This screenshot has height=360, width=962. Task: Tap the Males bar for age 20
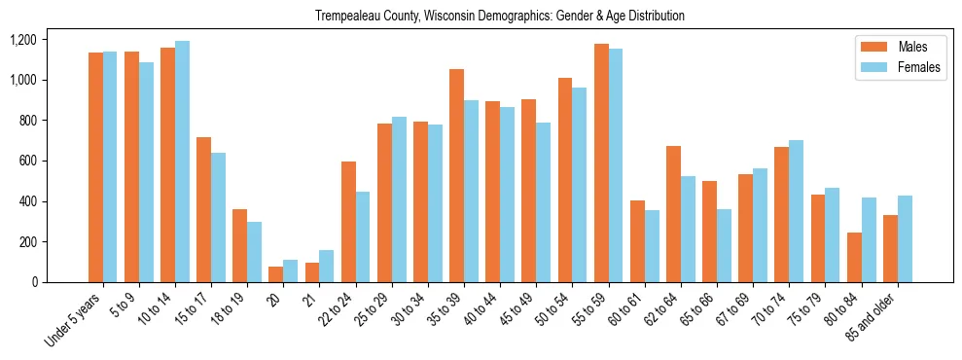point(275,274)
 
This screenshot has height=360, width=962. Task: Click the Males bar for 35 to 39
point(456,175)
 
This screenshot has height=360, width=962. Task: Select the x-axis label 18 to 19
point(230,306)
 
